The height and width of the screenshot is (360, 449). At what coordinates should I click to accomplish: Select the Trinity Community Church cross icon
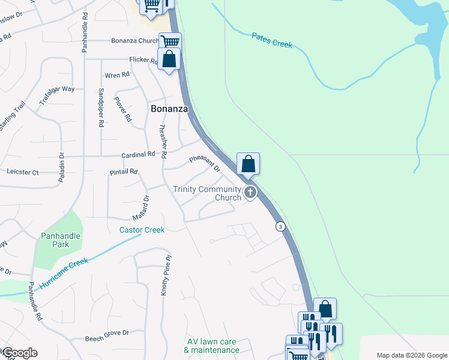(x=250, y=193)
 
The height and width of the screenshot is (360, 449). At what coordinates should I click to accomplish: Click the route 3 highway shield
(x=280, y=226)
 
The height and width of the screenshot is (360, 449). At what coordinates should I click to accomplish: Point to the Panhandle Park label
(x=60, y=240)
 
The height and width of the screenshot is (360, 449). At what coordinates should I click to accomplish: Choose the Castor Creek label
(x=142, y=230)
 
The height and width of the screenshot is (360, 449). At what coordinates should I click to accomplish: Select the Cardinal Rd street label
(x=139, y=154)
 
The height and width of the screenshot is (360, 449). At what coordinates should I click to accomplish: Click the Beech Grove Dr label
(x=107, y=332)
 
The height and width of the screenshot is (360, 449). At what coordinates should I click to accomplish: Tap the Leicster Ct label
(x=22, y=172)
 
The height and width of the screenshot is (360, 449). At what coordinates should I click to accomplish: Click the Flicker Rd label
(x=143, y=59)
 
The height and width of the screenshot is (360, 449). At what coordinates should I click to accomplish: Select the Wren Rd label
(x=117, y=75)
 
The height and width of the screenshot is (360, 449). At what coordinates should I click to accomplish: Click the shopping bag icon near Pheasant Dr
(x=248, y=163)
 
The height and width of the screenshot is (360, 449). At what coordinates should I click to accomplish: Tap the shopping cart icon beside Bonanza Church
(x=170, y=42)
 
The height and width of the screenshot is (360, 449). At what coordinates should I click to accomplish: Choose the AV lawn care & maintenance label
(x=211, y=346)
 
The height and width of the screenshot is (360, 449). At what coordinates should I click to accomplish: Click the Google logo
(x=19, y=353)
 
